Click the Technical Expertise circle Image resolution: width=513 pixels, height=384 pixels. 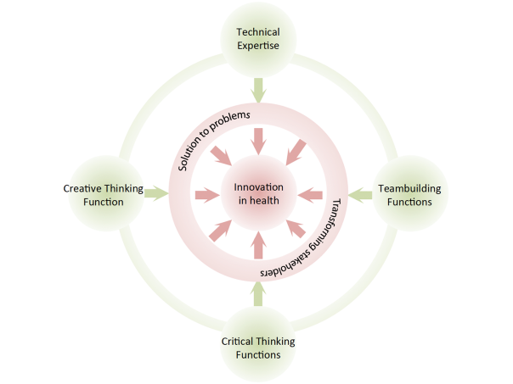click(256, 39)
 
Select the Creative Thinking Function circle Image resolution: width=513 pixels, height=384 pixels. click(104, 195)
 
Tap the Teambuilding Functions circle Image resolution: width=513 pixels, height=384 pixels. click(409, 195)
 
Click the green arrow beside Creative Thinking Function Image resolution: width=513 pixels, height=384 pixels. click(155, 194)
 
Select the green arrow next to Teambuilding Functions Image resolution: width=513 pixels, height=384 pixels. click(360, 195)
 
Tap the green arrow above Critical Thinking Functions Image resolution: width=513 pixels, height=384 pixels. click(257, 293)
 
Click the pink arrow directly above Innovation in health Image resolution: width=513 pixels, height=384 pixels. click(257, 137)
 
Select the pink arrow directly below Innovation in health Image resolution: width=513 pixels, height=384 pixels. click(257, 246)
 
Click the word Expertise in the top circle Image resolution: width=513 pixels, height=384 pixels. click(256, 47)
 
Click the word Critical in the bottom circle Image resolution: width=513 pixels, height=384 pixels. click(238, 341)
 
